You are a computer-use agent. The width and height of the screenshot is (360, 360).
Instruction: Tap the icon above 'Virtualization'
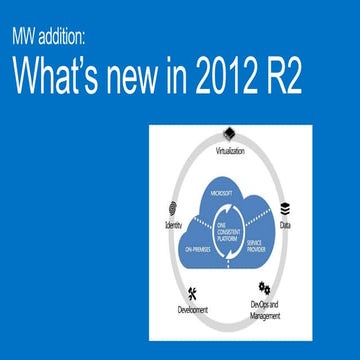(230, 134)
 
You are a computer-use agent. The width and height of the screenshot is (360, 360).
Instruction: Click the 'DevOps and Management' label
(265, 309)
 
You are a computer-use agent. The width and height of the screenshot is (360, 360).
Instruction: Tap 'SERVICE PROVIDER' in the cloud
(263, 246)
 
